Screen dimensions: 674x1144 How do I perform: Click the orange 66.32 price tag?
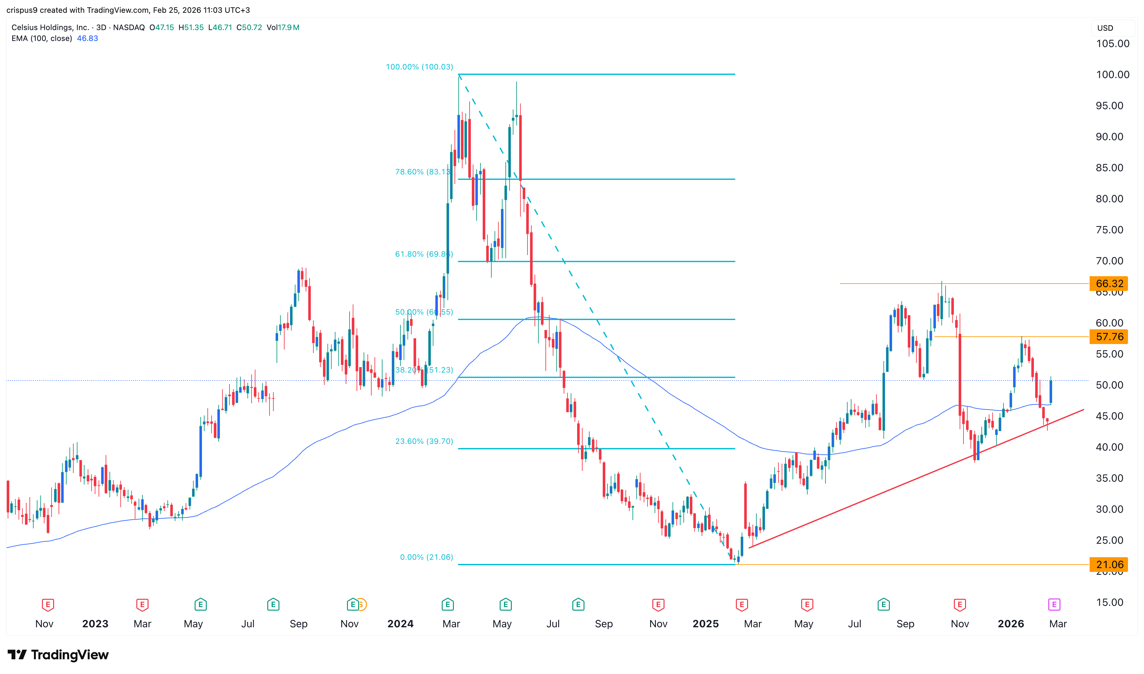pos(1108,284)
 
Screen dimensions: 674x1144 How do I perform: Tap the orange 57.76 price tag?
pos(1108,337)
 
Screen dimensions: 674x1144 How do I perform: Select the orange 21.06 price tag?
pos(1108,565)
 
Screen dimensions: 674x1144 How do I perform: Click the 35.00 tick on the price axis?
pos(1109,478)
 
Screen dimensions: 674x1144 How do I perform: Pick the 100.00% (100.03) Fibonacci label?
pos(419,67)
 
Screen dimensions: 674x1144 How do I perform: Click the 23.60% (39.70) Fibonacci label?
pos(424,441)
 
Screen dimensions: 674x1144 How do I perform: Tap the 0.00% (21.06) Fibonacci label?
pos(426,557)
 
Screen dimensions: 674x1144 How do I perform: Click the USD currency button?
pos(1105,28)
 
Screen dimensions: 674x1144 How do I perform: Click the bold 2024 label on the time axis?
pos(400,624)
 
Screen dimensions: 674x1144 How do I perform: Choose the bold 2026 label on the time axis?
pos(1011,624)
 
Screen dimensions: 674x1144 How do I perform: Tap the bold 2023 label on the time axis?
pos(95,624)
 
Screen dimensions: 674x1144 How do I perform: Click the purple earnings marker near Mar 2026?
pos(1054,605)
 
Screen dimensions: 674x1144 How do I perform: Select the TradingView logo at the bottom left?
pos(58,654)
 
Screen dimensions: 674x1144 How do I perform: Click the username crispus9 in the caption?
pos(22,10)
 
